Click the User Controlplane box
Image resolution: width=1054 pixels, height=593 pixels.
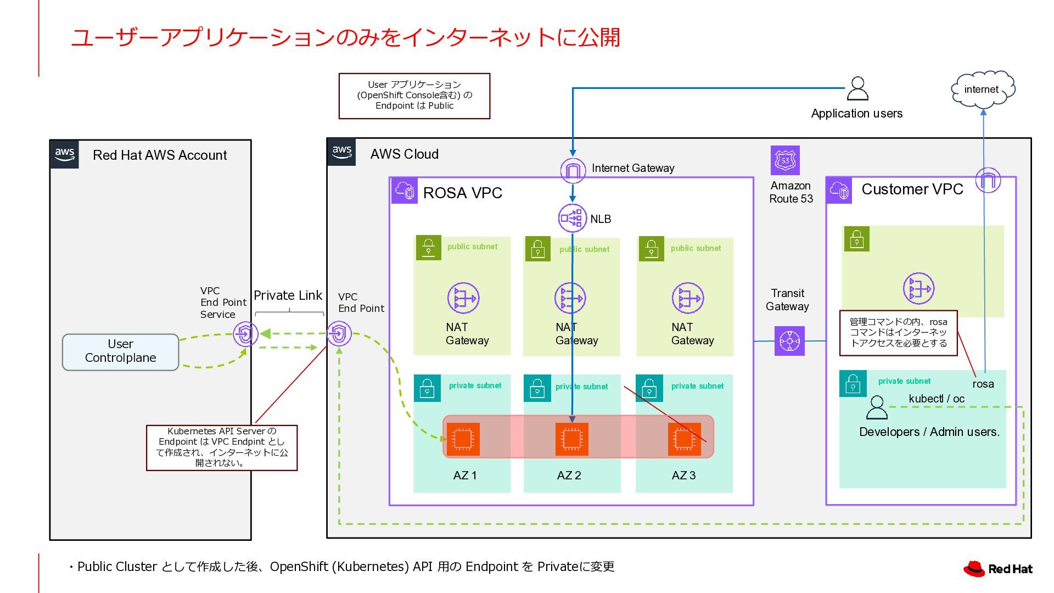pyautogui.click(x=120, y=351)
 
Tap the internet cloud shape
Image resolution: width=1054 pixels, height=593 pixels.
pyautogui.click(x=982, y=89)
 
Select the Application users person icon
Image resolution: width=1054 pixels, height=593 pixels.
pyautogui.click(x=857, y=88)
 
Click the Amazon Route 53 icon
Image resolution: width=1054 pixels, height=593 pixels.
pyautogui.click(x=785, y=160)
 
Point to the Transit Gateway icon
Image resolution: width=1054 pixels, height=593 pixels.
pyautogui.click(x=789, y=341)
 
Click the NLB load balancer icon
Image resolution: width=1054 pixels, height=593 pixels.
pyautogui.click(x=572, y=218)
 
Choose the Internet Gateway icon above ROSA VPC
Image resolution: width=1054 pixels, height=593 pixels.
pyautogui.click(x=573, y=170)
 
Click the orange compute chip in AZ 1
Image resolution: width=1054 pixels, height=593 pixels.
pyautogui.click(x=463, y=439)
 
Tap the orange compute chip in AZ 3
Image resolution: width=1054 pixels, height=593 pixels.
pyautogui.click(x=684, y=439)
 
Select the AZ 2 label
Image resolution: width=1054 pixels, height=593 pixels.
pyautogui.click(x=569, y=475)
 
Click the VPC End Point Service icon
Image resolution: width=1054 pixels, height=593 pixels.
pyautogui.click(x=245, y=333)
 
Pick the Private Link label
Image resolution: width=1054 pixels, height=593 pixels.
pyautogui.click(x=288, y=295)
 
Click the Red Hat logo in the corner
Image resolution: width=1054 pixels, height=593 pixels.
pyautogui.click(x=997, y=569)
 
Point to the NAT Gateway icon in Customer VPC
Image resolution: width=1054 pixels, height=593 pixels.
pyautogui.click(x=918, y=288)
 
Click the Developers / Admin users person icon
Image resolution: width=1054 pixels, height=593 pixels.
pyautogui.click(x=876, y=408)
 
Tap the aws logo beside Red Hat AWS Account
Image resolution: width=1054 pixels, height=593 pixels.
pyautogui.click(x=65, y=154)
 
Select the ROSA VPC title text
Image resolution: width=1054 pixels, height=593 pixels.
pyautogui.click(x=462, y=193)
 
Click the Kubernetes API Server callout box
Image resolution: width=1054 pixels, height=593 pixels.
pyautogui.click(x=222, y=447)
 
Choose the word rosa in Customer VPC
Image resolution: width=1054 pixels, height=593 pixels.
pyautogui.click(x=983, y=384)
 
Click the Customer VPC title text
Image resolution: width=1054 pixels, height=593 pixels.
pyautogui.click(x=912, y=189)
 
